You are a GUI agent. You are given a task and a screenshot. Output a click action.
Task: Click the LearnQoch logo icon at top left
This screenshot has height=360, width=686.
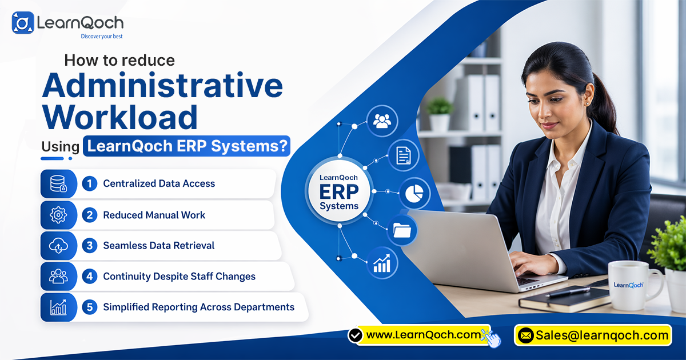point(23,23)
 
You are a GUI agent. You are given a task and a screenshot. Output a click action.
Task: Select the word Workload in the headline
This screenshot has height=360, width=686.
point(120,117)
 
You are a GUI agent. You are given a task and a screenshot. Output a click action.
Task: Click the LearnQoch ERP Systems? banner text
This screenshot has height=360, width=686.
point(186,146)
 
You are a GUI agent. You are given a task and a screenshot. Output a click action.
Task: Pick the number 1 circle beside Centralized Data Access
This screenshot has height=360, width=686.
point(89,183)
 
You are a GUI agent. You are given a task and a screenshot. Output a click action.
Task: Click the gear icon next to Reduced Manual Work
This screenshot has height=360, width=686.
point(58,215)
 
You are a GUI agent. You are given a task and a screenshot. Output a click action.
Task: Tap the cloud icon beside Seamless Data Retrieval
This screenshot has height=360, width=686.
point(58,246)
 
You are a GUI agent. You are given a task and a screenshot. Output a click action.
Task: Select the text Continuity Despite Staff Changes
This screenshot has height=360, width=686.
point(179,277)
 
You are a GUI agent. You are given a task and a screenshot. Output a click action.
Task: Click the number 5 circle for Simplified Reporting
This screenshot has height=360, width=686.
point(89,307)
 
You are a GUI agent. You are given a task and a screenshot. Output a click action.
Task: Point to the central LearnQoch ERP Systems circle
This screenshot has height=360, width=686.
point(339,191)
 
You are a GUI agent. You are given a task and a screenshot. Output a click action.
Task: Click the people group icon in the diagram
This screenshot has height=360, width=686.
point(382,121)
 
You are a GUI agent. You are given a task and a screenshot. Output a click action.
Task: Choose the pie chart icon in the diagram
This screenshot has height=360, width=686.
point(414,194)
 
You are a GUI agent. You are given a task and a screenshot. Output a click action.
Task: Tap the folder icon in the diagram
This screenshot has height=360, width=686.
point(402,230)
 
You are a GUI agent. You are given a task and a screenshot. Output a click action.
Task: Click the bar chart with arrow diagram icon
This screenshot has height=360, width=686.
point(381,263)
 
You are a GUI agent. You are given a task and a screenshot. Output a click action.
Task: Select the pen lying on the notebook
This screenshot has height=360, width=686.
point(569,291)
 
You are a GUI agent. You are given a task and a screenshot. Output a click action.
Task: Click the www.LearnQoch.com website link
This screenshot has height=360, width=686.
point(422,335)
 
